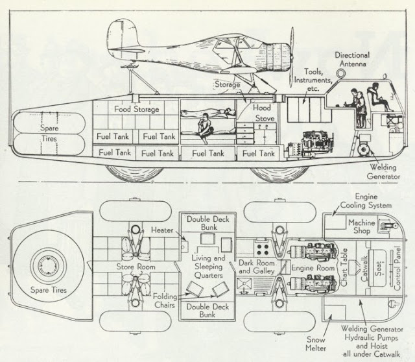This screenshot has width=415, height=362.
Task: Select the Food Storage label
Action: click(137, 109)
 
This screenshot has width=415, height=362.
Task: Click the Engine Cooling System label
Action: click(366, 200)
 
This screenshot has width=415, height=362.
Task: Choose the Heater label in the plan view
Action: click(162, 230)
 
